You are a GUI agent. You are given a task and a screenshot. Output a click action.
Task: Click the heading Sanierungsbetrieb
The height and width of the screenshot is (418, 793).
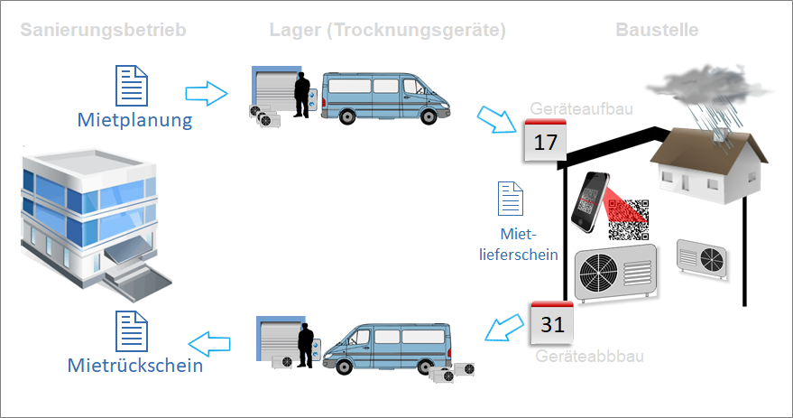pos(102,30)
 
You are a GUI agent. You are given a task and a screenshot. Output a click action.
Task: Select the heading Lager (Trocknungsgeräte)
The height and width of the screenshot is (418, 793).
pos(387,30)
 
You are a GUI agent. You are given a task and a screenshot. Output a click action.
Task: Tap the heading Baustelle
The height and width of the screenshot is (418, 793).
pos(657,30)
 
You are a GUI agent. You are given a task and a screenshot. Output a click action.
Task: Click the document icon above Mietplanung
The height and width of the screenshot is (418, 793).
pos(133,87)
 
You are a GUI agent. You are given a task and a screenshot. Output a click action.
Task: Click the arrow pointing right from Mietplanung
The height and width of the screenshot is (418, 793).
pos(207,92)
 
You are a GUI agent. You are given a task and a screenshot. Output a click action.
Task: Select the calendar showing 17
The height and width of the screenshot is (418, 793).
pos(546,141)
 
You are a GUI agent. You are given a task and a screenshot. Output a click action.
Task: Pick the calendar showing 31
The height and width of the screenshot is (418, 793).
pos(551,322)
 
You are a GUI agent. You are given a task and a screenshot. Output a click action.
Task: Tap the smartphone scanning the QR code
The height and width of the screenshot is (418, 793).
pos(592,201)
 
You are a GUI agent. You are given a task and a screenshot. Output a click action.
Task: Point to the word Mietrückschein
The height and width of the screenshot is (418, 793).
pos(135,366)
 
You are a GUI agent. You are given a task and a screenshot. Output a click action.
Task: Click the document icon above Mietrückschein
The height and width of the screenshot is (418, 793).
pos(133,330)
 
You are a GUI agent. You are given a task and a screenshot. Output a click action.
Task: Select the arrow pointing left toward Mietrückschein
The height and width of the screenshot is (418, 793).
pos(208,341)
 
